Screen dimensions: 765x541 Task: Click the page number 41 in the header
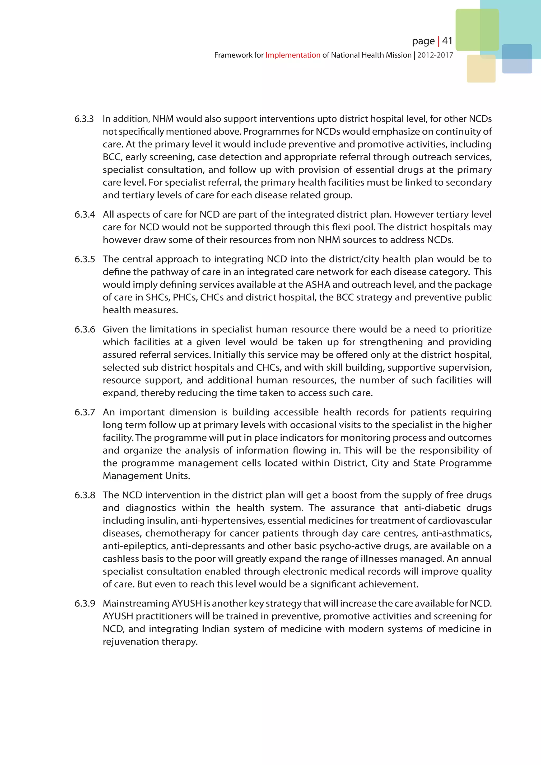(x=447, y=41)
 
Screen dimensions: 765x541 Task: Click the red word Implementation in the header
(x=292, y=55)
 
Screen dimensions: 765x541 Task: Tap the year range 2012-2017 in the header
(x=435, y=55)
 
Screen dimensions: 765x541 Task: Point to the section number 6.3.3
(x=84, y=119)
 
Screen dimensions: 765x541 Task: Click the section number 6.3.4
(x=84, y=214)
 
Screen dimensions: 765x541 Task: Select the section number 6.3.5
(x=84, y=259)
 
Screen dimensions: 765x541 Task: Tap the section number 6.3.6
(x=84, y=329)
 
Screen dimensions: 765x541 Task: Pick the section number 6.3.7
(x=84, y=413)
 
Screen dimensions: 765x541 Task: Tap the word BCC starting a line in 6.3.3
(x=112, y=157)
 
